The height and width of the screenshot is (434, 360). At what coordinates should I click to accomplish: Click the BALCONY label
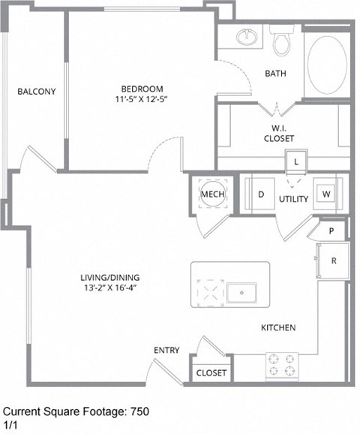[37, 92]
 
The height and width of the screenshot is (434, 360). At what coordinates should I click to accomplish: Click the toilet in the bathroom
[282, 44]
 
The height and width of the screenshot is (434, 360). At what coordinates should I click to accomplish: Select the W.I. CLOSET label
[278, 133]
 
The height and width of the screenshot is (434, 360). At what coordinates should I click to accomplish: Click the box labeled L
[296, 161]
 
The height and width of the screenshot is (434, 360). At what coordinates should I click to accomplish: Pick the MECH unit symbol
[208, 194]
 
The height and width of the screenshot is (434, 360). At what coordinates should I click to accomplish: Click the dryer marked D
[261, 194]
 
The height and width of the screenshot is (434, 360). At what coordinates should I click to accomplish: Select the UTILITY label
[293, 199]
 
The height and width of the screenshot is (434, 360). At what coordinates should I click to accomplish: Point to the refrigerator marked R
[333, 261]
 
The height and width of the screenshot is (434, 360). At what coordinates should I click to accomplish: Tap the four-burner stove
[283, 366]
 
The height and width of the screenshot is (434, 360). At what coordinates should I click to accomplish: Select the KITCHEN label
[278, 328]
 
